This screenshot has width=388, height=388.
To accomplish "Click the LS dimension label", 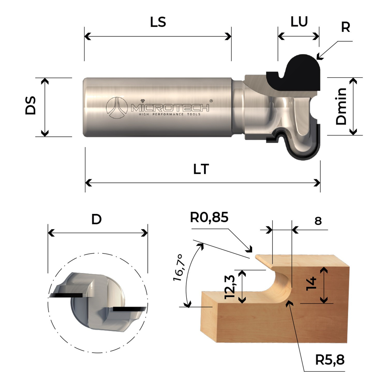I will [158, 22].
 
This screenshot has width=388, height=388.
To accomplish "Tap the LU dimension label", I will [299, 22].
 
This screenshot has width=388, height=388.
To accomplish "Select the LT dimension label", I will [201, 169].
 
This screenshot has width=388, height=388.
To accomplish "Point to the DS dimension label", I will [31, 105].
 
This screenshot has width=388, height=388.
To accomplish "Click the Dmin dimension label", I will [341, 106].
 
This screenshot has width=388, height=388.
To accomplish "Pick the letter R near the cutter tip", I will [346, 27].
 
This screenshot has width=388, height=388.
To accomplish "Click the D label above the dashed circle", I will [96, 220].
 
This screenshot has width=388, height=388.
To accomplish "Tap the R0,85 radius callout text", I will [209, 217].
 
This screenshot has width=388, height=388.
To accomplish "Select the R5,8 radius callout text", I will [330, 360].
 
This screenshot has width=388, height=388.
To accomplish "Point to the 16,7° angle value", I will [179, 268].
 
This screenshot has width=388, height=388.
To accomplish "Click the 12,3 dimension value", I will [230, 287].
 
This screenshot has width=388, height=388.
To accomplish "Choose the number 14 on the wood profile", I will [311, 284].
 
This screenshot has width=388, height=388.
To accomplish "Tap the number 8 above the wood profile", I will [318, 221].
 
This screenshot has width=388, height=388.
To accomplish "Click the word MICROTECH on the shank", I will [170, 108].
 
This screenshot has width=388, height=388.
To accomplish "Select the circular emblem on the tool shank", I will [117, 108].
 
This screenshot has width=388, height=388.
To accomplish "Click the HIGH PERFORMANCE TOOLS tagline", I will [170, 114].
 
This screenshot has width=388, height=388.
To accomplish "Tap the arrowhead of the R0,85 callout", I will [249, 249].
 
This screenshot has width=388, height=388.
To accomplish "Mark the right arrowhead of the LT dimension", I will [317, 183].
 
